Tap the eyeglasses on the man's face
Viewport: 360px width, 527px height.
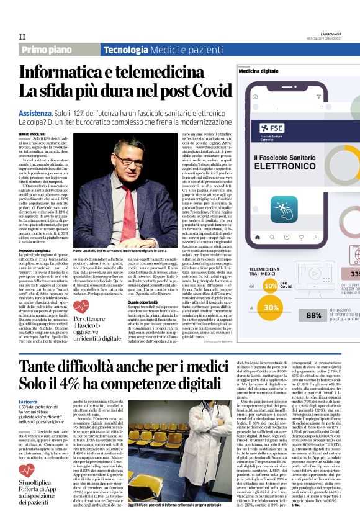[x=130, y=155]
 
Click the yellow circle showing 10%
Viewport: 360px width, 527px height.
[x=271, y=286]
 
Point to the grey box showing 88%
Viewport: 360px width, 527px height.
[x=314, y=315]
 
